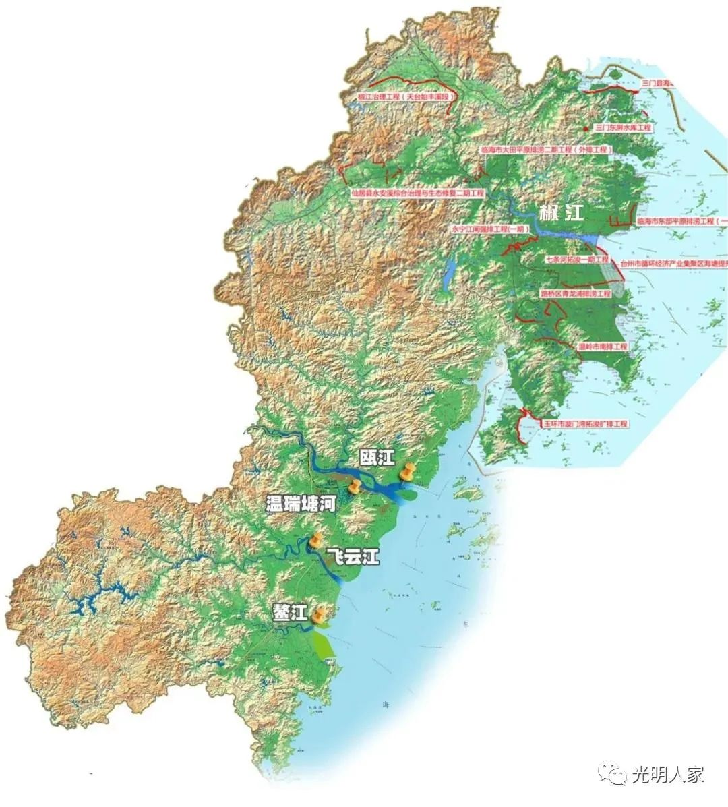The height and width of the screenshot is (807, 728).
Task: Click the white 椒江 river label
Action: [x=561, y=214]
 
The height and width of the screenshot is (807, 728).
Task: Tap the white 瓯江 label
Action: [x=376, y=458]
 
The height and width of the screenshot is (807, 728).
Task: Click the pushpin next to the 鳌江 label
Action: [x=320, y=614]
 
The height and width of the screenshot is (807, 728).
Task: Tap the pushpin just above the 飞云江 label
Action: [x=315, y=539]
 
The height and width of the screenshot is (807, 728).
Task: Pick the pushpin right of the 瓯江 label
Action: [x=406, y=472]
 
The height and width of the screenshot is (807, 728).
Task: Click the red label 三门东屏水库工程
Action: [x=624, y=127]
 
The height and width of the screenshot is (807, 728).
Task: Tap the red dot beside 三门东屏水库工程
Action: [x=585, y=127]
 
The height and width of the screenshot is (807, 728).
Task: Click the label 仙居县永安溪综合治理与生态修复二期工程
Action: [x=417, y=193]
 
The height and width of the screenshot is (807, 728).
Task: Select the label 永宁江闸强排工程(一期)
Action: [x=491, y=229]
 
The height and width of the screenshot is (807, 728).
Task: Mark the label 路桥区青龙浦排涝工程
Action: [x=575, y=294]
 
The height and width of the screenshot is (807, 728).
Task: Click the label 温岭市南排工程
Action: [x=603, y=347]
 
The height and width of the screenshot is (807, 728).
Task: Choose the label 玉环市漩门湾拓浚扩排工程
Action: [x=585, y=425]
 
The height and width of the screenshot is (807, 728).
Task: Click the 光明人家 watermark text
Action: [x=669, y=775]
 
